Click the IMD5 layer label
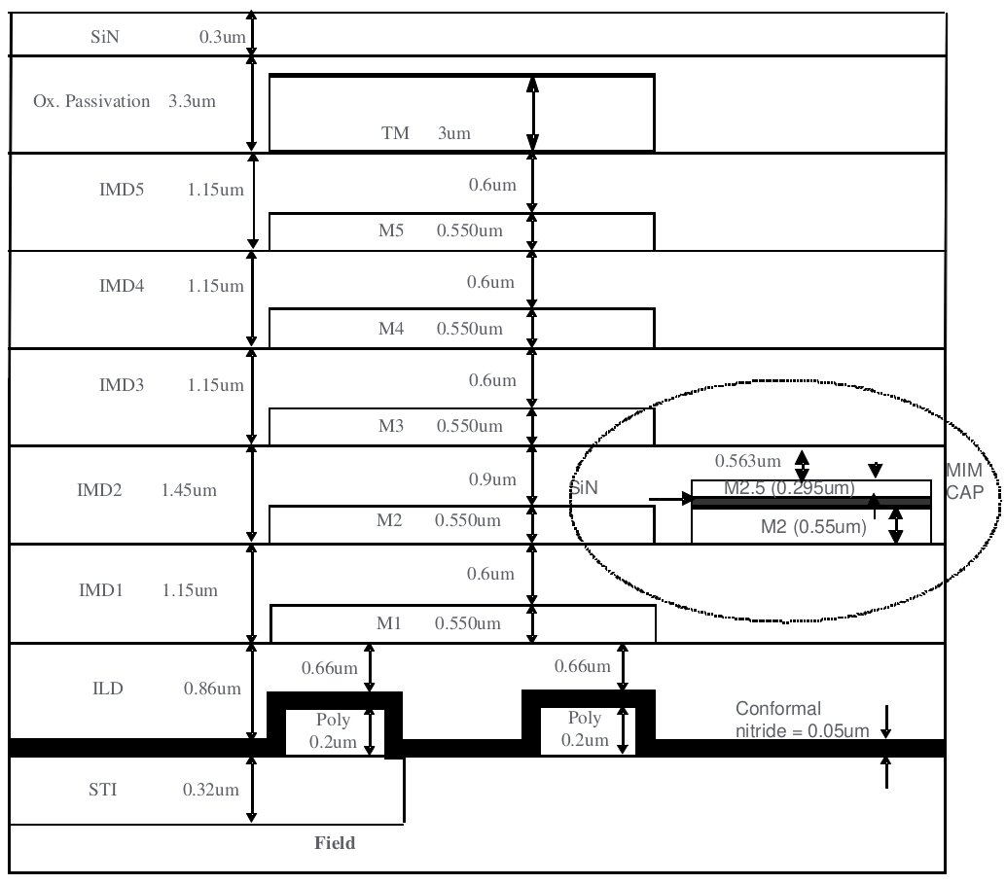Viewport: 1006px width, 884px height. point(122,190)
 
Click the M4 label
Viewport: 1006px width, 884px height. point(390,329)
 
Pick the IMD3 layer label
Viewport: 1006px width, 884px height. point(122,385)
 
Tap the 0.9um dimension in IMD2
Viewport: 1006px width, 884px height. point(491,479)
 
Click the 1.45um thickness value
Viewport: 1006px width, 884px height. point(188,490)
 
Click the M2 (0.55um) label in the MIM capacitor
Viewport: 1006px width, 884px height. point(812,527)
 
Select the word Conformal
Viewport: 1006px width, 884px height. point(778,708)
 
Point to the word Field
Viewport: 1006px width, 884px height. point(334,843)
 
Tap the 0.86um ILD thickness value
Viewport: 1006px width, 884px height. point(211,690)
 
